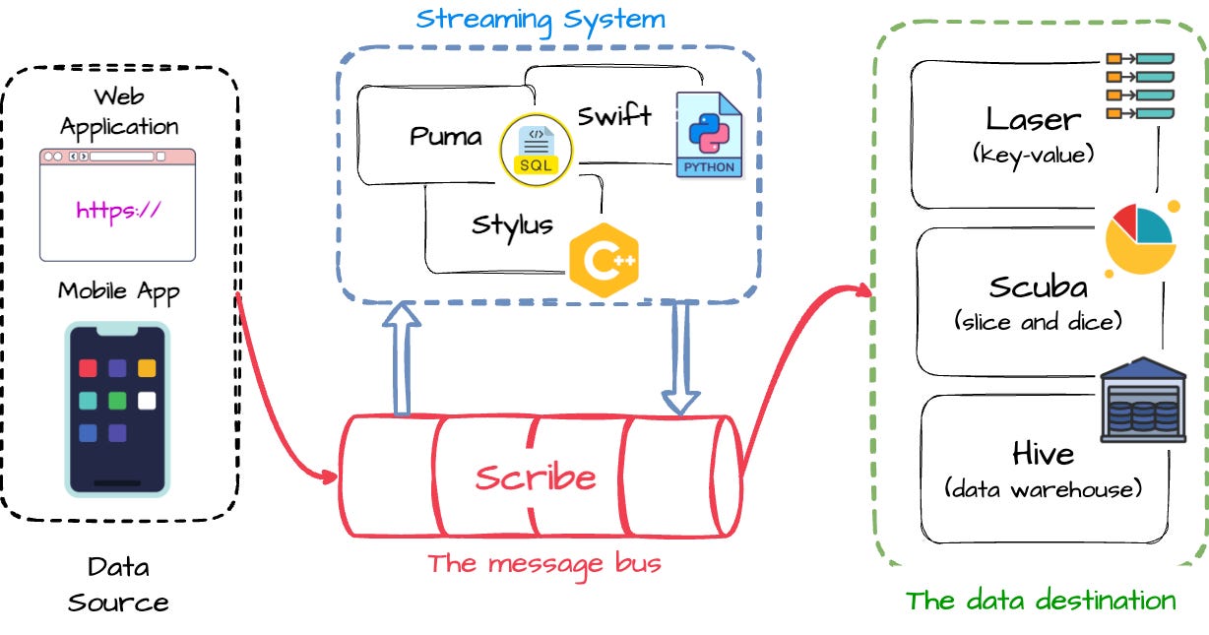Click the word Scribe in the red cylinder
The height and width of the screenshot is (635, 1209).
(536, 477)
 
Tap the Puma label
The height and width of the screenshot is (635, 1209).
(446, 136)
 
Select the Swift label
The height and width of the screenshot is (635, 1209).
(614, 116)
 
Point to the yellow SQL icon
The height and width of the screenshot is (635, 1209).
(536, 150)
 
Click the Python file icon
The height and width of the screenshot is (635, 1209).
(709, 135)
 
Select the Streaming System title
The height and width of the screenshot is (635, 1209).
(540, 19)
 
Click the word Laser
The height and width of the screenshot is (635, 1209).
(1033, 120)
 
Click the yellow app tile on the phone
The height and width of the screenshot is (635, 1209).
(147, 368)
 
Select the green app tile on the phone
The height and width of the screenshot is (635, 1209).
(117, 401)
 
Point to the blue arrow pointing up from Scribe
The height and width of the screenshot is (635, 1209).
(401, 359)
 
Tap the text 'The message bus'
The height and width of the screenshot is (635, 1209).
(543, 563)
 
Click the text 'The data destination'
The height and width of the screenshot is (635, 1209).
(1041, 601)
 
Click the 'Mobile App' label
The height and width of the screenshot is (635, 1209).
(118, 291)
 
